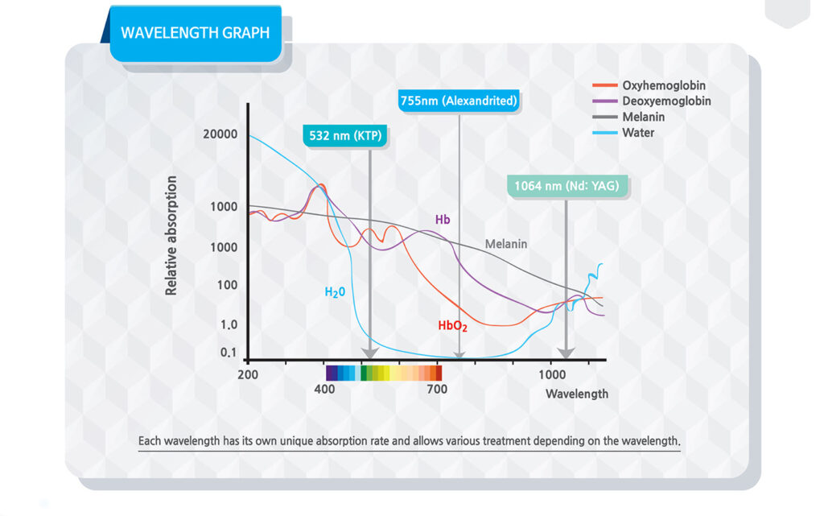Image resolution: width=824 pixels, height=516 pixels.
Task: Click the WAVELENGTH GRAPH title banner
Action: click(195, 33)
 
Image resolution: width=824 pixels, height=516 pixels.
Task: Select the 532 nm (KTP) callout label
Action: click(346, 135)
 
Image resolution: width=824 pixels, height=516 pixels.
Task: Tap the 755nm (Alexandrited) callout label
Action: click(459, 101)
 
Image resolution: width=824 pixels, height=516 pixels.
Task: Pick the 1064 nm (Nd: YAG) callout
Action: click(566, 187)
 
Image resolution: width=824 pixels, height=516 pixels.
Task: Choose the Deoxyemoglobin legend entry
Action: click(665, 101)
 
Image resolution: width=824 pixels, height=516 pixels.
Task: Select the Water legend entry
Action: click(638, 133)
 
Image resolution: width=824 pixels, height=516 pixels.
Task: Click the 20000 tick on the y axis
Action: click(220, 134)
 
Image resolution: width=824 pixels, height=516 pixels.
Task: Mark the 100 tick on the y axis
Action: click(226, 285)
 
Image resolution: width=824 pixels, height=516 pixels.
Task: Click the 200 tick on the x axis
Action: click(248, 374)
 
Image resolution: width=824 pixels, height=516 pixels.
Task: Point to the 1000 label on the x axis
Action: click(552, 374)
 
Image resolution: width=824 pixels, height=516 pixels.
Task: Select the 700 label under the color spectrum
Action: click(437, 390)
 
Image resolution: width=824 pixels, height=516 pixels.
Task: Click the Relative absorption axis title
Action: click(171, 236)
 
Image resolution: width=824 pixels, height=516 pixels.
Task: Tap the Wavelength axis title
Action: click(577, 394)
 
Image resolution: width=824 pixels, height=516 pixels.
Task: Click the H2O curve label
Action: click(335, 292)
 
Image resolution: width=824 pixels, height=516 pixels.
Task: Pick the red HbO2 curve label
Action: click(452, 326)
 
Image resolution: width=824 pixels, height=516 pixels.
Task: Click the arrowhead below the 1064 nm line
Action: click(566, 352)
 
